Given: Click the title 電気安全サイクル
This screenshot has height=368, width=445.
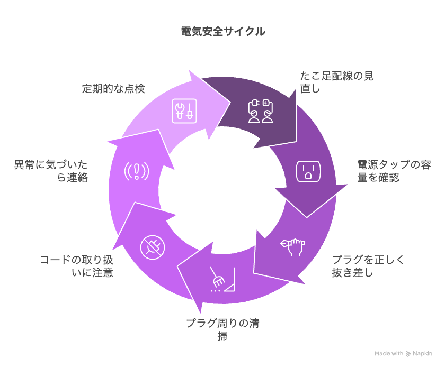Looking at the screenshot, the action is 223,31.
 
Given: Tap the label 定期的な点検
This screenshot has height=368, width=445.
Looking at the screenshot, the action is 113,89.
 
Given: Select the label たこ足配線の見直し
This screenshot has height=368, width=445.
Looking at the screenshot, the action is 337,82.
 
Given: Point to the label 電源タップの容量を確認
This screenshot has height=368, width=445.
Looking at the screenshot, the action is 394,171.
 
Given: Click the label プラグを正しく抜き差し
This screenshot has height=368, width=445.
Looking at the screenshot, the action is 368,266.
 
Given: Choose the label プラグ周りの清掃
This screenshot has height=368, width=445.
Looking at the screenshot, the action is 223,329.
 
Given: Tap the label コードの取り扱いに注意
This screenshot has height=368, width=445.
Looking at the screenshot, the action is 77,266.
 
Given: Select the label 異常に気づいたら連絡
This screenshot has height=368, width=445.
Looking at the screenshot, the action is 51,171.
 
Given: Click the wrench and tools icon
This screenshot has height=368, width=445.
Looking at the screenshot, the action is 184,111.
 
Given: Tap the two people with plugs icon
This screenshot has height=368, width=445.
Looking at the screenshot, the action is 261,111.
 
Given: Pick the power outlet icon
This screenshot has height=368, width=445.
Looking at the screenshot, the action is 308,171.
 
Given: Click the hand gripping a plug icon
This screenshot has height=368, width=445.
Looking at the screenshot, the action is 293,247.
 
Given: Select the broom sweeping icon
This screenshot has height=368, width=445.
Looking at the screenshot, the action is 223,279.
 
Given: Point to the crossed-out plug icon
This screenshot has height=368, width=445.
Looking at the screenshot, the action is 153,247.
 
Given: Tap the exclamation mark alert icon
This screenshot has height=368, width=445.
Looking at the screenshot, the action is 137,171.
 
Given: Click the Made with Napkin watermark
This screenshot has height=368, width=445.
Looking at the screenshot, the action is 403,353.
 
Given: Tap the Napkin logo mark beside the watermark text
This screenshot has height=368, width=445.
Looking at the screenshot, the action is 408,354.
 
